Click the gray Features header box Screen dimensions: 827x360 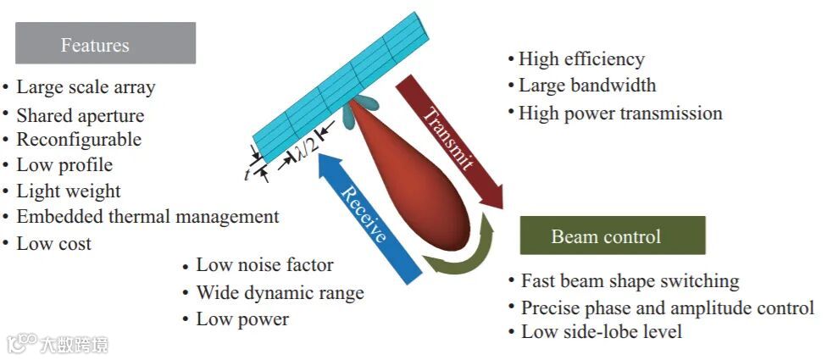tap(105, 43)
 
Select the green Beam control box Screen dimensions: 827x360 tap(612, 235)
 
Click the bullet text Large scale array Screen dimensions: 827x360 tap(86, 87)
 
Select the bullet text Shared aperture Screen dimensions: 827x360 tap(80, 115)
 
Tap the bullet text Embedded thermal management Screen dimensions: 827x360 tap(147, 217)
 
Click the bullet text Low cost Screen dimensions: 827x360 tap(54, 244)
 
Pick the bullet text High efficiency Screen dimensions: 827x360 tap(581, 59)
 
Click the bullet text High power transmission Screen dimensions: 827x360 tap(620, 113)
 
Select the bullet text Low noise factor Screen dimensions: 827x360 tap(264, 266)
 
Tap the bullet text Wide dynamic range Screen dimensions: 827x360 tap(280, 293)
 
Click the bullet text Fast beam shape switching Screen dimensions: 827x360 tap(630, 281)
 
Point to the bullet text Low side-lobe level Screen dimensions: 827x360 tap(602, 332)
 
